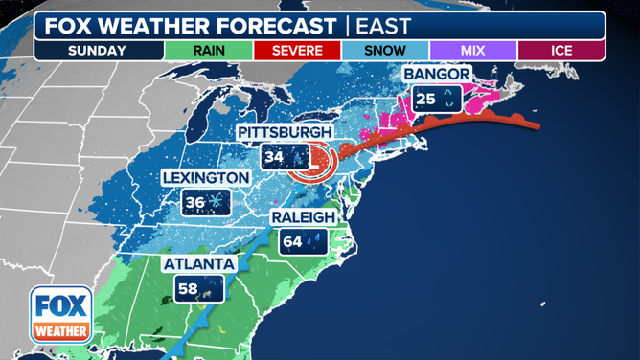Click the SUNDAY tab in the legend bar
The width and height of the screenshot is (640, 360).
click(99, 50)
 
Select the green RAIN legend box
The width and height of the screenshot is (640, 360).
click(209, 50)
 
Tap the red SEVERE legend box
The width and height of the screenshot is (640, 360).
click(297, 50)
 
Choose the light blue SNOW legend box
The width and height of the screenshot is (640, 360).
click(385, 50)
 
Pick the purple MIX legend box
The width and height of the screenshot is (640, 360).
click(473, 50)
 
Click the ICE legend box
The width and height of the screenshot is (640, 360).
click(561, 50)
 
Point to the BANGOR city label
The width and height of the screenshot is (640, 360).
click(436, 74)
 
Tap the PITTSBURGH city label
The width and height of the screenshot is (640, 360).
click(285, 132)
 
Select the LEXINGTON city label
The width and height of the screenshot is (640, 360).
click(205, 178)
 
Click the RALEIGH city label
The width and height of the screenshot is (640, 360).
click(303, 217)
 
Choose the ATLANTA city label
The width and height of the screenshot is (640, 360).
click(199, 263)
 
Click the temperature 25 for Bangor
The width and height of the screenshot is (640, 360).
click(424, 98)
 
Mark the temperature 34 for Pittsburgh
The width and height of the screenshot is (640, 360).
click(274, 156)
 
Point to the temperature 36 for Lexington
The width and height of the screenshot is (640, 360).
click(195, 202)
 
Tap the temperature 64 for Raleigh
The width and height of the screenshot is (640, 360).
click(292, 241)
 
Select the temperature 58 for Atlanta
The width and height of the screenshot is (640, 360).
click(187, 287)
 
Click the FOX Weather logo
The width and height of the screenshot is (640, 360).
click(61, 315)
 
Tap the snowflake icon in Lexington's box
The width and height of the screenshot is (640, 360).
click(217, 202)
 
